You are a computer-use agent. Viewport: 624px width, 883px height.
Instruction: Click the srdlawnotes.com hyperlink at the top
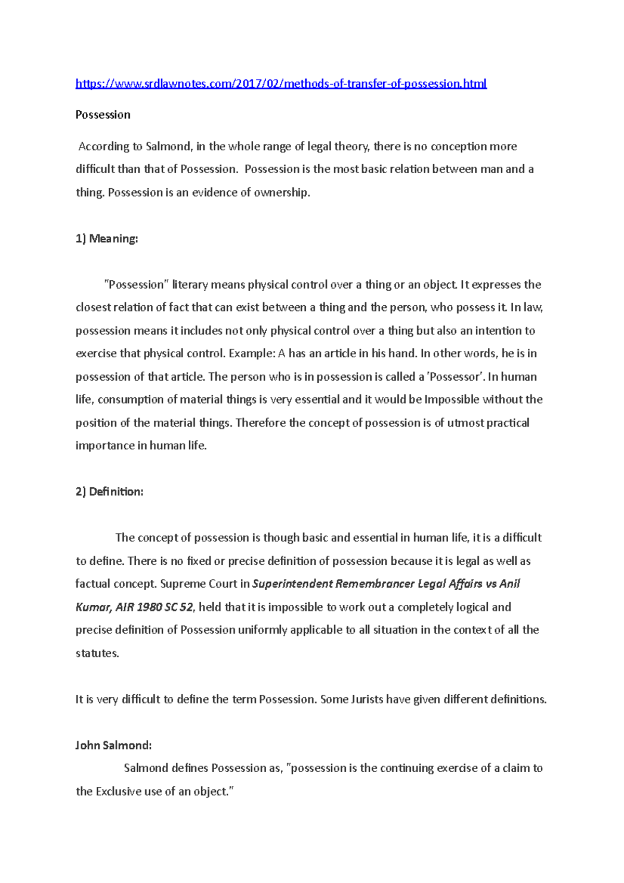click(x=281, y=84)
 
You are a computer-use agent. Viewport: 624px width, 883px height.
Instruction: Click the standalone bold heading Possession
click(x=103, y=115)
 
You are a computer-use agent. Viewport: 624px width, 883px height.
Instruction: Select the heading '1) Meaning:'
click(x=107, y=239)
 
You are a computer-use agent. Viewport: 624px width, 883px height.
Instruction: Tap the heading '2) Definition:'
click(x=109, y=492)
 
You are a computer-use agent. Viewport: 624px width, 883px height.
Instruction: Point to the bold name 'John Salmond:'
click(x=113, y=745)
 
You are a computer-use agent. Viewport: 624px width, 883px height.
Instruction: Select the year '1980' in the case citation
click(x=149, y=607)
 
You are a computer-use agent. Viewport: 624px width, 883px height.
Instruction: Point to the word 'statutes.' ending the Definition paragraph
click(x=97, y=653)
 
